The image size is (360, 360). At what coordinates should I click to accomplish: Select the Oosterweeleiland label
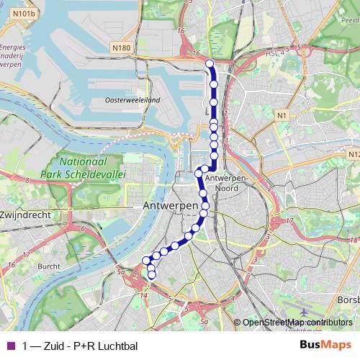click(132, 100)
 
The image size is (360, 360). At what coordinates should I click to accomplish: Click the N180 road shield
click(122, 48)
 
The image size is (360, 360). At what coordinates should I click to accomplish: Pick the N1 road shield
click(282, 115)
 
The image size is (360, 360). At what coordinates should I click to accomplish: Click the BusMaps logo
click(325, 346)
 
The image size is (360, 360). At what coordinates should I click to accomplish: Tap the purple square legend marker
click(10, 346)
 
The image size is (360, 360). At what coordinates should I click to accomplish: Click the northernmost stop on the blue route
click(210, 64)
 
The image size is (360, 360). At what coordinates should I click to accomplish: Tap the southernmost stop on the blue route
click(151, 274)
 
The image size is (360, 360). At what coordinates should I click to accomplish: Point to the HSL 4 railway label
click(274, 51)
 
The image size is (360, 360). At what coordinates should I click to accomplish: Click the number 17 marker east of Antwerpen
click(289, 221)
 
